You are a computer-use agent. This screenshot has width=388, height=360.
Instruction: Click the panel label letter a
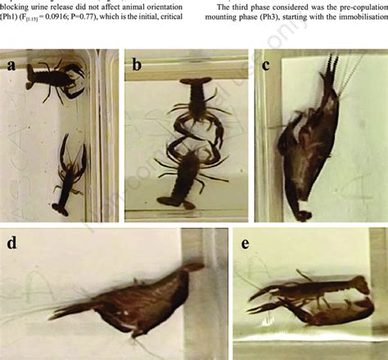[11, 66]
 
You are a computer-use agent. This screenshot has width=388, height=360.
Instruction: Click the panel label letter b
[137, 66]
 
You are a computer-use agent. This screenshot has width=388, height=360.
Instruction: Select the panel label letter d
[11, 243]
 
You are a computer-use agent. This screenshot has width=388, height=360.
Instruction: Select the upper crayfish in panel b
[197, 102]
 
